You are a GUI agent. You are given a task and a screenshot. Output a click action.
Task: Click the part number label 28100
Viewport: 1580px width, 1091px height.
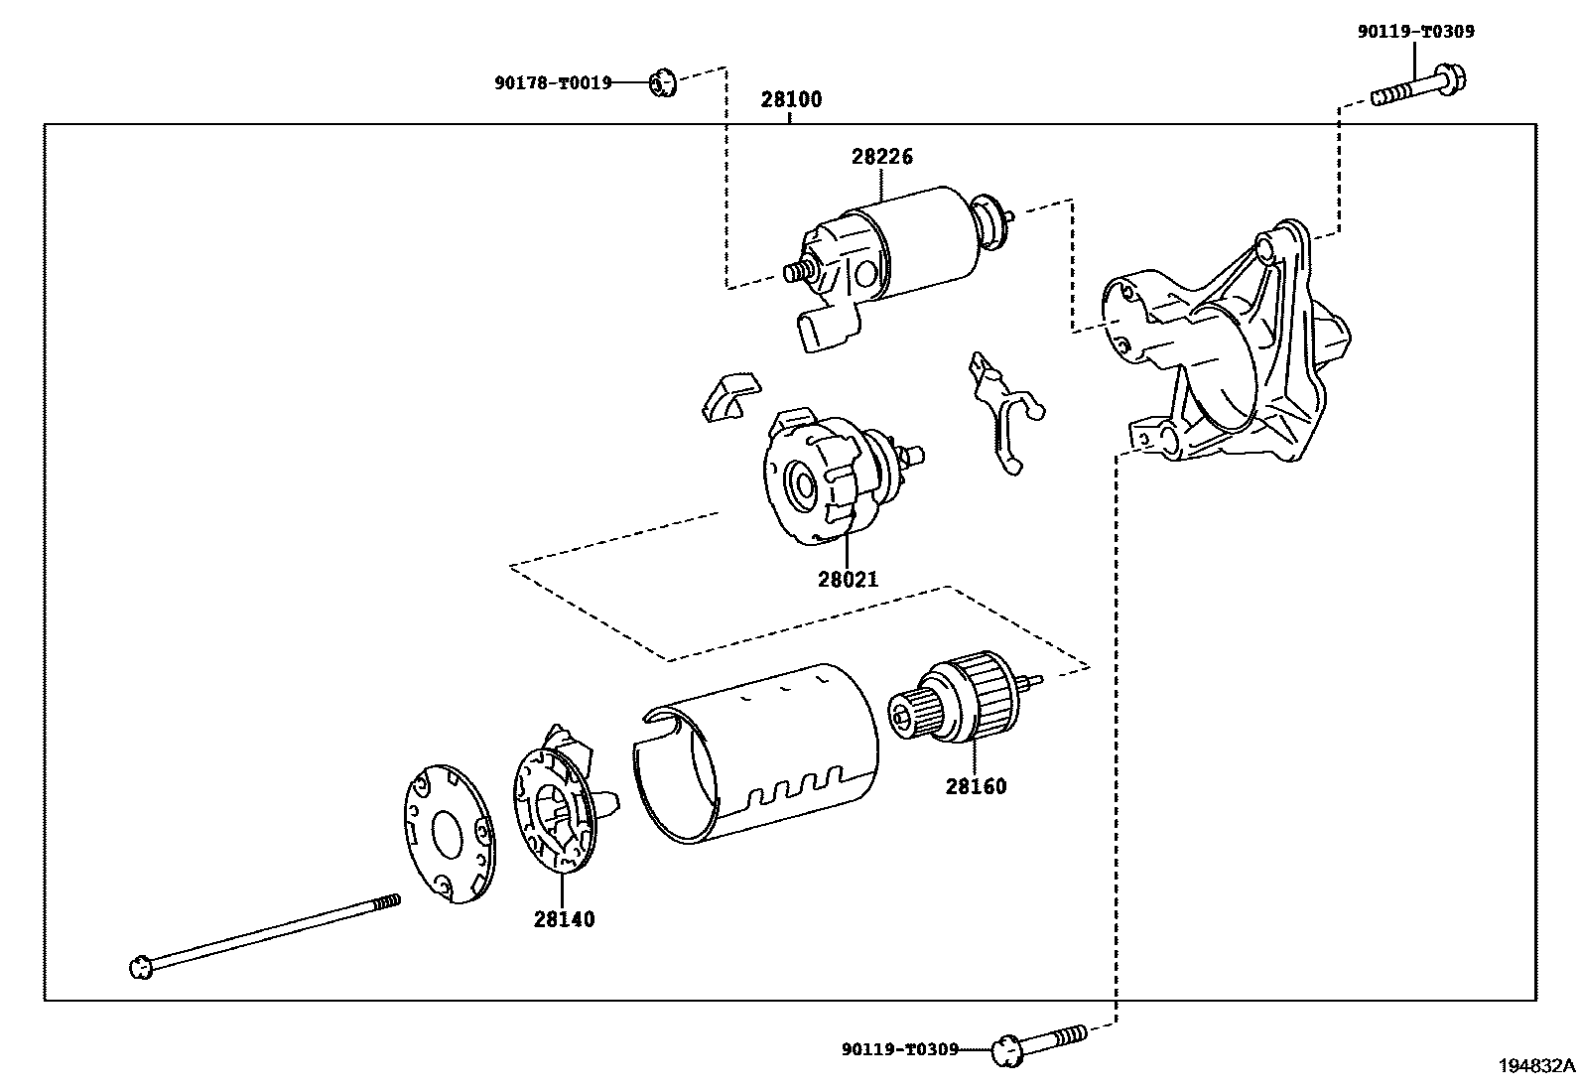(x=791, y=99)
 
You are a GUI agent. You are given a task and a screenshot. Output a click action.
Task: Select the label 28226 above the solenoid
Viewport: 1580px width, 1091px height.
(x=881, y=157)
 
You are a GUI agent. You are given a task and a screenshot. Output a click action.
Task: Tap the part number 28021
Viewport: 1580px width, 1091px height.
(x=848, y=579)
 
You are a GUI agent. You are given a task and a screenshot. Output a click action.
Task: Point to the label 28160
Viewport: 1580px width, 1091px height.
(x=976, y=786)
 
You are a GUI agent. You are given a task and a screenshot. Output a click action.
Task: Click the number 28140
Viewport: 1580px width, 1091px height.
(x=564, y=919)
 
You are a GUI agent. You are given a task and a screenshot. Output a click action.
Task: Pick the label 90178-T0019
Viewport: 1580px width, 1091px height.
(x=553, y=84)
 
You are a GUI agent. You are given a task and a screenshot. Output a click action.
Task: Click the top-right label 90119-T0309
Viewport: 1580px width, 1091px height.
(x=1415, y=32)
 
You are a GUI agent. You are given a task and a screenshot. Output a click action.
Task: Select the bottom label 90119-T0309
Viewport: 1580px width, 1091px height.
(x=899, y=1048)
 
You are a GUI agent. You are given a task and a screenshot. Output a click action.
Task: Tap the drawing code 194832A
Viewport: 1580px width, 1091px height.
(x=1536, y=1066)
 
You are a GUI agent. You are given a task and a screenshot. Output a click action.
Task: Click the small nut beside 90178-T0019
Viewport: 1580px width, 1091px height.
(x=662, y=83)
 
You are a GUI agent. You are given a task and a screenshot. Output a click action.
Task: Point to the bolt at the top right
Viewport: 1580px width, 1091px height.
(x=1419, y=87)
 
